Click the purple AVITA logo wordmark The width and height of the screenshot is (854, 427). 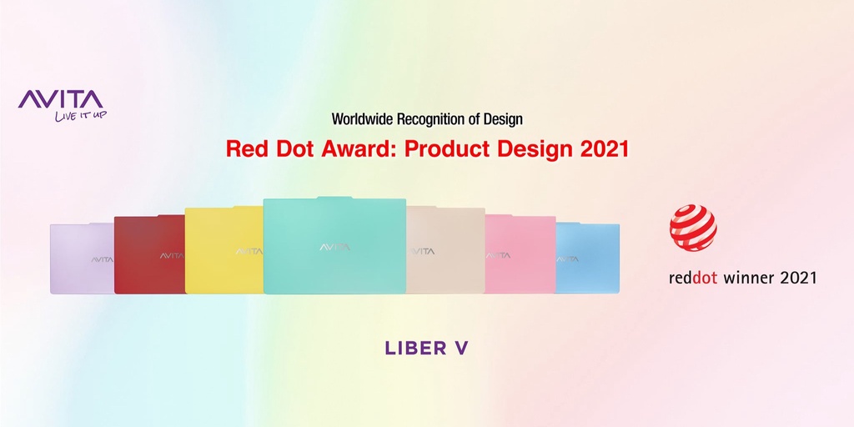60,100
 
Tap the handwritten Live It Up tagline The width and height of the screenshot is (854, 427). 81,115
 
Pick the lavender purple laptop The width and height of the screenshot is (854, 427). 83,259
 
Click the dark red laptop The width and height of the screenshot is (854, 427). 150,254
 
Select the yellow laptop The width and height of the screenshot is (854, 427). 224,250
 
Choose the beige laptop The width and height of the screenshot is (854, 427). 445,250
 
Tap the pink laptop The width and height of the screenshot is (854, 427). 520,254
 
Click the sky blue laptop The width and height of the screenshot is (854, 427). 587,259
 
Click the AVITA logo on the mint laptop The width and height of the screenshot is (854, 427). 335,248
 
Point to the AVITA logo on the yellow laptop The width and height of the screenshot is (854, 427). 249,252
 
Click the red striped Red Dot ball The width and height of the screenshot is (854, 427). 693,228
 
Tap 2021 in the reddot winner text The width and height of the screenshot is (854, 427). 799,278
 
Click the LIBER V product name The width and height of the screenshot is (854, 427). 426,349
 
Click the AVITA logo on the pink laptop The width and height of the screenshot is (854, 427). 498,255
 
